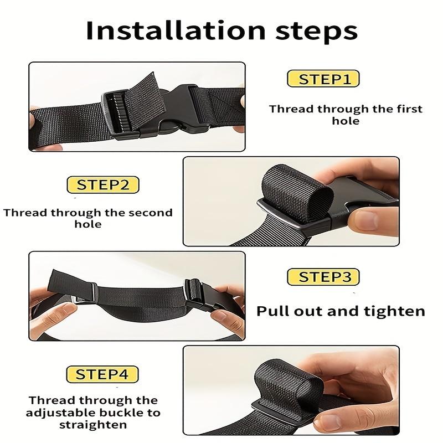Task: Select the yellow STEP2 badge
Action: click(103, 184)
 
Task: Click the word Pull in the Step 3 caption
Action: click(274, 311)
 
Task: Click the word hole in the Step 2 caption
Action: click(88, 224)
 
